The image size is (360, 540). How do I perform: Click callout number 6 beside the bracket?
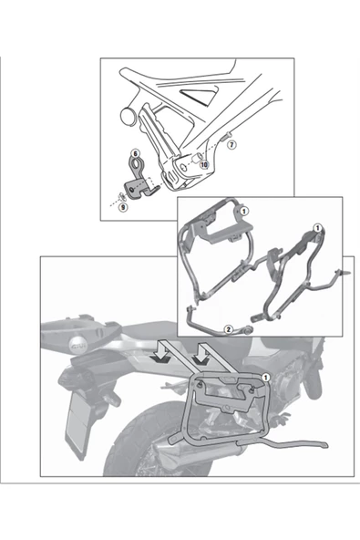click(x=134, y=153)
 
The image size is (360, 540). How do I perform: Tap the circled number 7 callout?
click(x=231, y=145)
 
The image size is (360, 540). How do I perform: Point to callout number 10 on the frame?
click(x=203, y=164)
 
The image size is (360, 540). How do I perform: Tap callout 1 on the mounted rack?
click(x=265, y=377)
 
